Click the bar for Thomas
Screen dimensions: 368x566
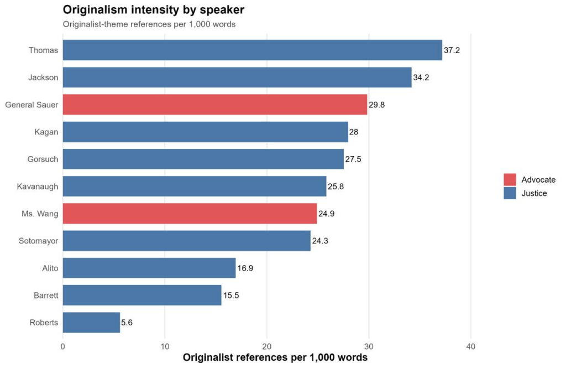coord(252,50)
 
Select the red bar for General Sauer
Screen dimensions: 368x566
coord(214,105)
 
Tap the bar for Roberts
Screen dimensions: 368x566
coord(91,323)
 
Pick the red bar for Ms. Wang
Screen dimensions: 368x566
coord(190,214)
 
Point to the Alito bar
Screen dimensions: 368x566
coord(149,268)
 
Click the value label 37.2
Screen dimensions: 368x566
coord(452,50)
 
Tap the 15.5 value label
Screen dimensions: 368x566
coord(231,296)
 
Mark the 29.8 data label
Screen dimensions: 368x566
coord(376,105)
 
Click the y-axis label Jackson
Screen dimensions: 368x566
coord(43,77)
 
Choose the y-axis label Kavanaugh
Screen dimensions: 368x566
coord(38,186)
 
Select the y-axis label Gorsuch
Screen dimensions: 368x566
coord(43,159)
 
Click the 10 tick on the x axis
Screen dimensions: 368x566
coord(165,346)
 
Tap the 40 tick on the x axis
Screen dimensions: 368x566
coord(471,346)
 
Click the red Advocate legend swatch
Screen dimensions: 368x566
coord(510,180)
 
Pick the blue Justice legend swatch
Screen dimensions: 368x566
coord(510,193)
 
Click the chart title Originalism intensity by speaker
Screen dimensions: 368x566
coord(153,10)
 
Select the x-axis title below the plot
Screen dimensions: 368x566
coord(275,357)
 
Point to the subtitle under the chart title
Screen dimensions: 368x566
coord(149,24)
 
